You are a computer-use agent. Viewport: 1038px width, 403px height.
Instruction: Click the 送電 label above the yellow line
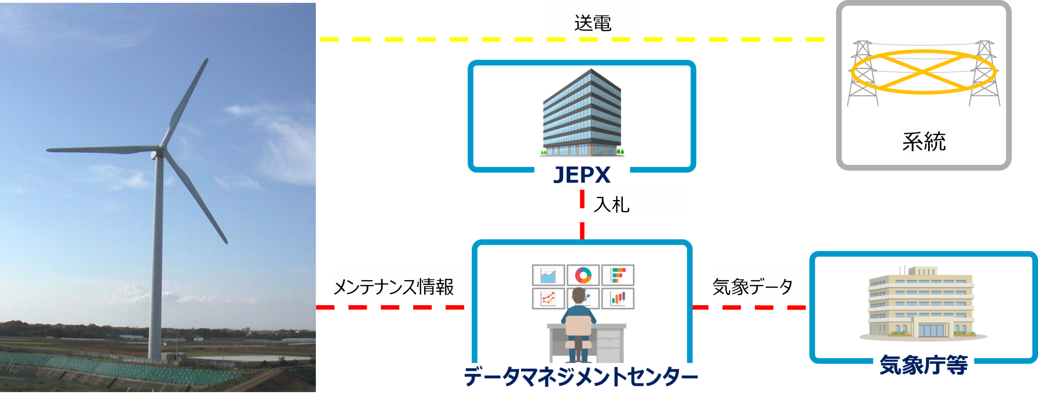pyautogui.click(x=592, y=23)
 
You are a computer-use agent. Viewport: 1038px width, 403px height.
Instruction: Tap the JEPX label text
pyautogui.click(x=581, y=175)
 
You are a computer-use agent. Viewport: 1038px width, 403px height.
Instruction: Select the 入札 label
pyautogui.click(x=611, y=205)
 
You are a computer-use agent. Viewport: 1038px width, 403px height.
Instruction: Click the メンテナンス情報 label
pyautogui.click(x=393, y=287)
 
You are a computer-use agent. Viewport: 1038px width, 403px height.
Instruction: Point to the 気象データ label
pyautogui.click(x=753, y=287)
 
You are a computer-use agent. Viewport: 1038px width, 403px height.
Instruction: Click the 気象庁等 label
pyautogui.click(x=923, y=365)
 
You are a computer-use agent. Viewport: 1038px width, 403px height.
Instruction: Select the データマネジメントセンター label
pyautogui.click(x=581, y=377)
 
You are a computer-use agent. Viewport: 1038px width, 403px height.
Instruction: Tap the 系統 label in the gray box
pyautogui.click(x=924, y=141)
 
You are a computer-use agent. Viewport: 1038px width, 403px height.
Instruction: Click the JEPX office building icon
pyautogui.click(x=582, y=114)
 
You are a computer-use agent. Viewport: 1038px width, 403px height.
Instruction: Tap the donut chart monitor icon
pyautogui.click(x=583, y=275)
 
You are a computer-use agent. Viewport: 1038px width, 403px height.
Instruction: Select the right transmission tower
pyautogui.click(x=984, y=73)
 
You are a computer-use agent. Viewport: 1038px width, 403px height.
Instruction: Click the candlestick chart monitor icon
pyautogui.click(x=618, y=299)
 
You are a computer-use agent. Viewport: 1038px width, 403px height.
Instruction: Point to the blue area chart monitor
pyautogui.click(x=548, y=275)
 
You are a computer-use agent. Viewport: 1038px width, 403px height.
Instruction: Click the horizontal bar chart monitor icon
pyautogui.click(x=618, y=275)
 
